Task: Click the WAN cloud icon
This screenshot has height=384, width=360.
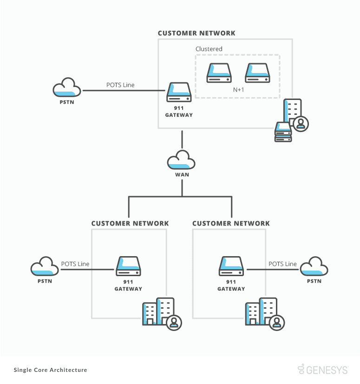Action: [181, 160]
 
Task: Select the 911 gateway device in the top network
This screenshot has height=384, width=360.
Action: [179, 93]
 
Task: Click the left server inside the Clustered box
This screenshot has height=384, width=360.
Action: [219, 73]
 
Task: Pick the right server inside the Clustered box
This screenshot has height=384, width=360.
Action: [258, 73]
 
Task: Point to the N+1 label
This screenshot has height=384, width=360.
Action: [238, 89]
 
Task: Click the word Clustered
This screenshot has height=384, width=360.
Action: [209, 49]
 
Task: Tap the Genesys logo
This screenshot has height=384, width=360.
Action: [323, 370]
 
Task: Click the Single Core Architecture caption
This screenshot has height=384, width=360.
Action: [51, 370]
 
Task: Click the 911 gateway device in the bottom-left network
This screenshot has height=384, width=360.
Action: [128, 266]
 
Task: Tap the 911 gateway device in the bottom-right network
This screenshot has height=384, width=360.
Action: [231, 266]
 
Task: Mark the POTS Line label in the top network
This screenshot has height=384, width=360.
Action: [120, 85]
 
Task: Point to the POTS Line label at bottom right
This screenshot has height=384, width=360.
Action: [282, 264]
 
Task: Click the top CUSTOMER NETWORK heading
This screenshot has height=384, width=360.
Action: [196, 33]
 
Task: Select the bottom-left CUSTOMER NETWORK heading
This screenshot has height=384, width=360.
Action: [130, 223]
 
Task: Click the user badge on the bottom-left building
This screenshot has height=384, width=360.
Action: [174, 322]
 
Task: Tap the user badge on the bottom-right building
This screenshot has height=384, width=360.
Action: [277, 322]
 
